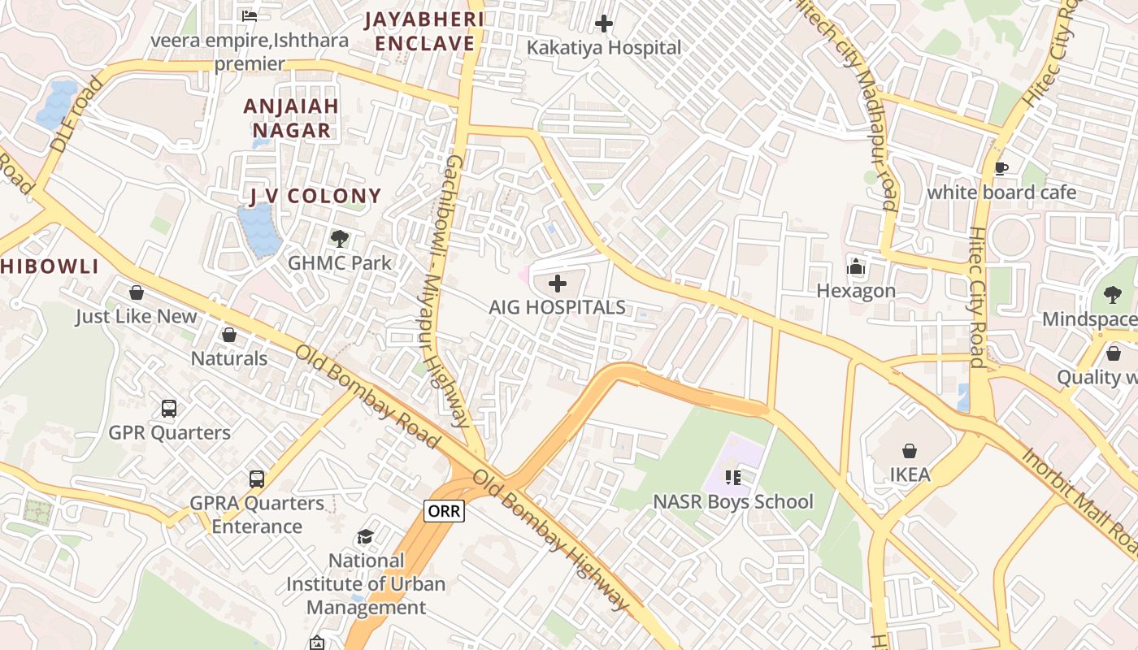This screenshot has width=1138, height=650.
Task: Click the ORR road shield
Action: (x=444, y=511)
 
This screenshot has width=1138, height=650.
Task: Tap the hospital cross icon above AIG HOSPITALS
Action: (x=558, y=284)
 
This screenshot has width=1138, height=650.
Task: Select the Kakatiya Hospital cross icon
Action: (x=604, y=24)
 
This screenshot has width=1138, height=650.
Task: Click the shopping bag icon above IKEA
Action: (x=910, y=450)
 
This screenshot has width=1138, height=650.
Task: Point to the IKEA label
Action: (x=910, y=474)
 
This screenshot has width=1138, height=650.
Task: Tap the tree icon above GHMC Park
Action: (x=340, y=239)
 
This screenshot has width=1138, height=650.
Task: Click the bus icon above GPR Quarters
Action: (x=169, y=409)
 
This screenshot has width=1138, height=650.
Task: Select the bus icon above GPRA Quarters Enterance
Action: (x=257, y=479)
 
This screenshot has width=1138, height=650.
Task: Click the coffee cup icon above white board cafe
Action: (x=1001, y=168)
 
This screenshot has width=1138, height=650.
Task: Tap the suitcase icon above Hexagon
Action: (x=856, y=266)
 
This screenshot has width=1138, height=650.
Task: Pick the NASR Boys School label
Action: (x=732, y=502)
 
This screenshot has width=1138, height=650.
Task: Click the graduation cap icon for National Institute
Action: (x=366, y=537)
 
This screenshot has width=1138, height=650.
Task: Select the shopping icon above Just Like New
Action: (x=137, y=292)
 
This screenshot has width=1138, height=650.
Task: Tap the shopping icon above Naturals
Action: (x=229, y=335)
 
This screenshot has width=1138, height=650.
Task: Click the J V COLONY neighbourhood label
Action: (x=315, y=196)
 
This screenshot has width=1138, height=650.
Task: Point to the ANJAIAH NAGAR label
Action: (x=291, y=118)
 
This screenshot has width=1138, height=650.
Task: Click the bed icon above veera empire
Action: (x=250, y=15)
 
